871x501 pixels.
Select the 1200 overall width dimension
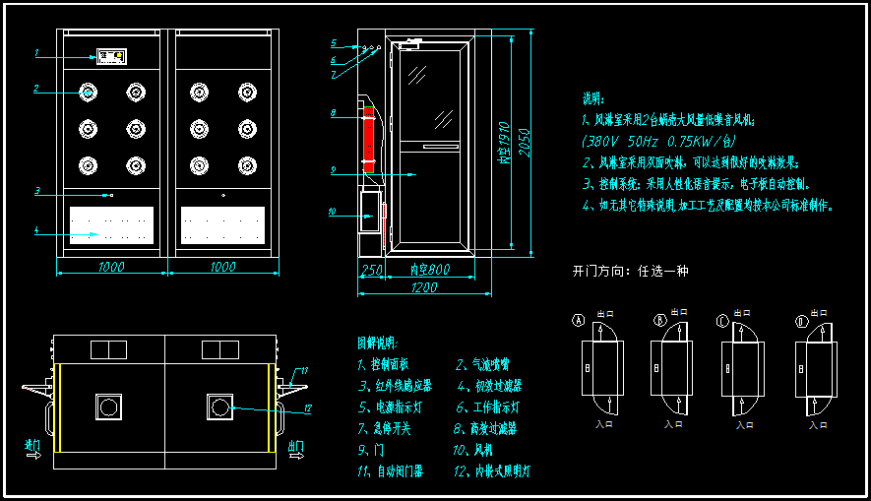(x=423, y=287)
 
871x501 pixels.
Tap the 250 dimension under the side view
(x=371, y=270)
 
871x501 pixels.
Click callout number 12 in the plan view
(x=308, y=408)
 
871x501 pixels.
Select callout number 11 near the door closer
(x=304, y=371)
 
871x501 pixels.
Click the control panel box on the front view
(x=112, y=55)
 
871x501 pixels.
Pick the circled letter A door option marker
(x=579, y=320)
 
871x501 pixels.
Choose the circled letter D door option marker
(x=801, y=320)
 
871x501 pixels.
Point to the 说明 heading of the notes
(x=592, y=98)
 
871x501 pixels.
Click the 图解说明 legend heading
(x=377, y=344)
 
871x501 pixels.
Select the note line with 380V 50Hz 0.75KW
(x=658, y=142)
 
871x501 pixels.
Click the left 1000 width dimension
(x=111, y=267)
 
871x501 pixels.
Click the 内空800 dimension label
(x=429, y=270)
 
